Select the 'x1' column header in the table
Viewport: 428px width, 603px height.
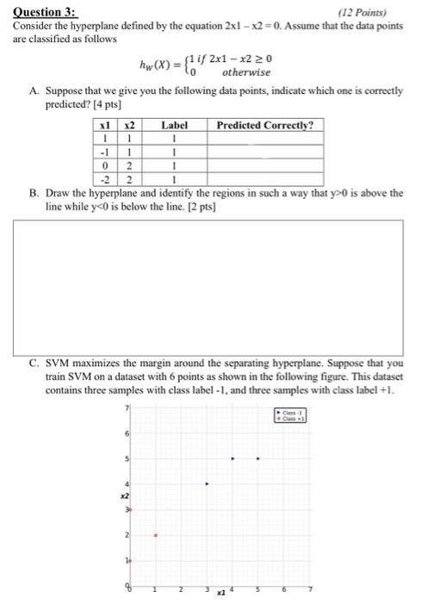(104, 125)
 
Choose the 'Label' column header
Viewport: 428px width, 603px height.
(174, 125)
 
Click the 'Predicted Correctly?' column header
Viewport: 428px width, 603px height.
(264, 125)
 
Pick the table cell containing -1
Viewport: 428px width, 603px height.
(104, 151)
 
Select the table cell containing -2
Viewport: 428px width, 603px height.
(104, 177)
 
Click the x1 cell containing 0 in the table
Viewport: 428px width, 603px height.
(104, 165)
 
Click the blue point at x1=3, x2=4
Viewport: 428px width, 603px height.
(206, 483)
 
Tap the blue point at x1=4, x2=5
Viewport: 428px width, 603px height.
(233, 458)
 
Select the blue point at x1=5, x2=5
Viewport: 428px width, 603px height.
(258, 458)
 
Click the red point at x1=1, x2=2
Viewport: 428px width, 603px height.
(155, 535)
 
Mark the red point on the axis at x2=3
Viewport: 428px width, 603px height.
(130, 509)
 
